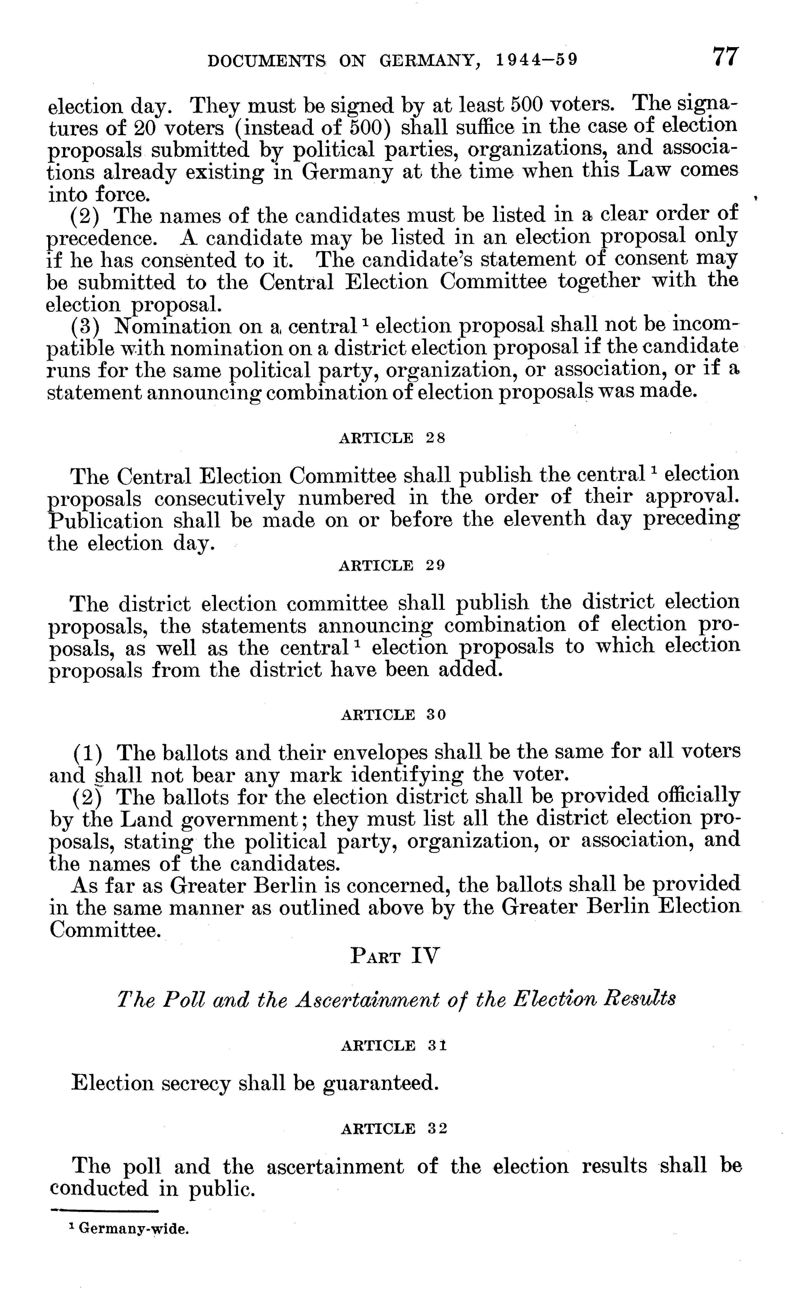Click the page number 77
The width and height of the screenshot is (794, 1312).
click(725, 56)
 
